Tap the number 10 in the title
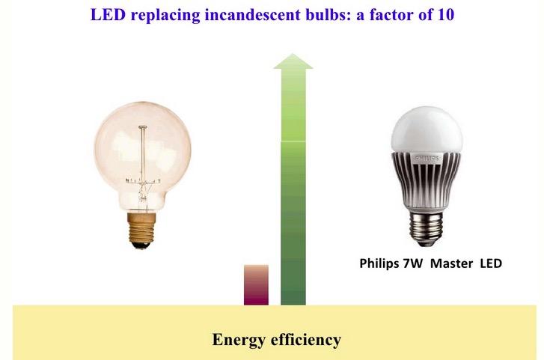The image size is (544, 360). coord(445,14)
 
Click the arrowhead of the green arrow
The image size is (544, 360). coord(293,61)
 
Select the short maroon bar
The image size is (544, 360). coord(256,285)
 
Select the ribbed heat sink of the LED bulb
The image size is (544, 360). coord(427,180)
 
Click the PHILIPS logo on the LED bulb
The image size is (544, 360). coord(427,159)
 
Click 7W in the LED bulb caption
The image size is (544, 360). coord(412,263)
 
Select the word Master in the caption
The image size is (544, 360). coord(451,263)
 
